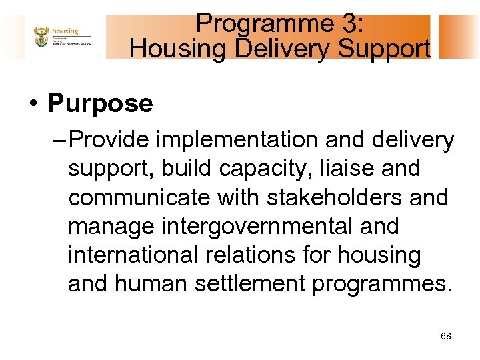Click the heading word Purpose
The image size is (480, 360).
pos(100,103)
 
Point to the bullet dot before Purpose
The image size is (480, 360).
pos(31,105)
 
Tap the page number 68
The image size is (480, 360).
pos(445,337)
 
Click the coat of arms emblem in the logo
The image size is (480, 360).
pos(41,37)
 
